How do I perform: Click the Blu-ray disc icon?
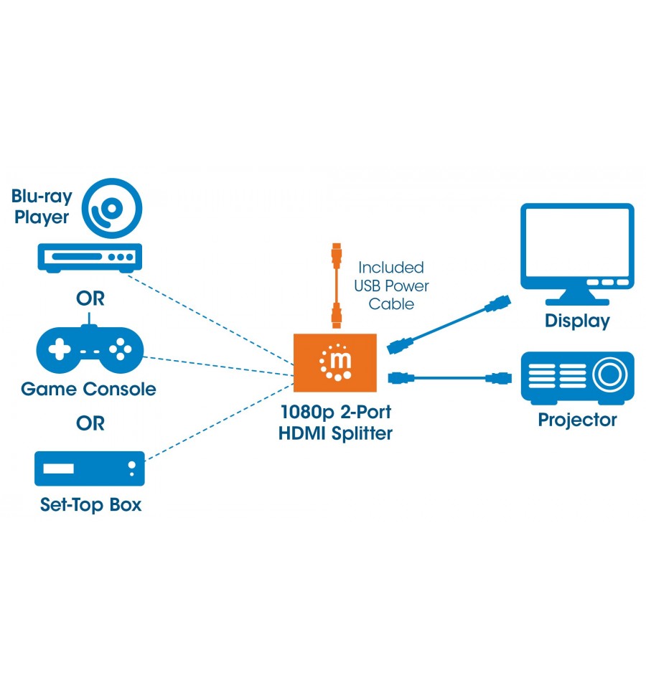[112, 208]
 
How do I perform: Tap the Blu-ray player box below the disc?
[90, 258]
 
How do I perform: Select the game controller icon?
[90, 347]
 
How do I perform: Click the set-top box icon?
[90, 468]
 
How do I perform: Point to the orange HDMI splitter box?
[335, 363]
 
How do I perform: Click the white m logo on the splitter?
[336, 362]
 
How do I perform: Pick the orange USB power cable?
[337, 286]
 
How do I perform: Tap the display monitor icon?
[577, 254]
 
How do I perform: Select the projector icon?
[578, 378]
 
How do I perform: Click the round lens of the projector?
[610, 374]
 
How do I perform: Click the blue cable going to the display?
[449, 325]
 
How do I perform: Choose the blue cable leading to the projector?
[450, 377]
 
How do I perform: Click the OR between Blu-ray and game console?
[90, 299]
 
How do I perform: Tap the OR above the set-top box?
[90, 424]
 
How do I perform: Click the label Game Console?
[89, 389]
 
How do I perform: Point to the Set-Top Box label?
[91, 505]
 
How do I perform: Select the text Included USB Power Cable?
[391, 286]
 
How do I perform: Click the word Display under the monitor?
[578, 321]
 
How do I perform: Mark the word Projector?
[578, 420]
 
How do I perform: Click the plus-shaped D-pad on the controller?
[60, 349]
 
